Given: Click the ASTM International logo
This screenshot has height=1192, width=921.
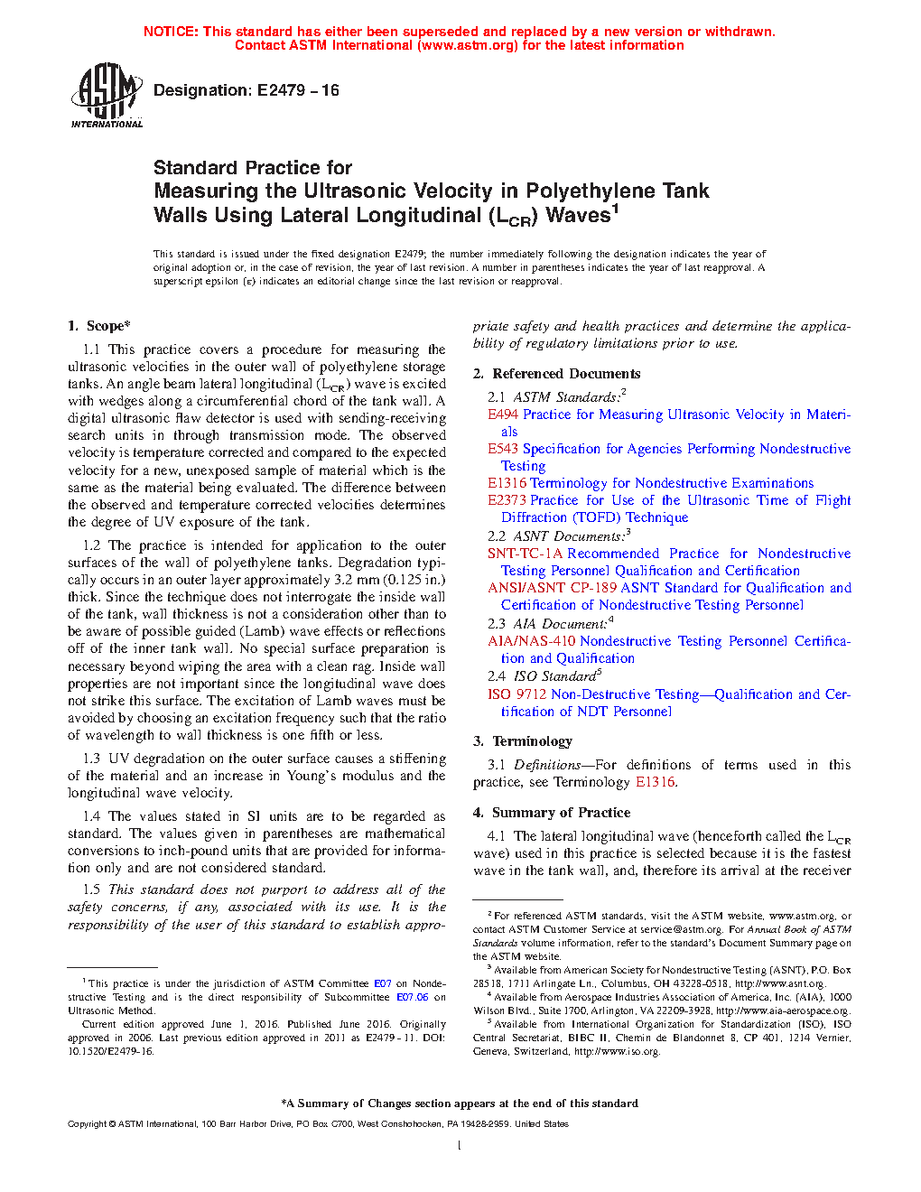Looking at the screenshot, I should click(x=107, y=95).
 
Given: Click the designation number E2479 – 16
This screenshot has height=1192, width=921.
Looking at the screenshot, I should click(x=298, y=90).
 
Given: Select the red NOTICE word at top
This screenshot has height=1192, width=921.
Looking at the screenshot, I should click(x=171, y=32).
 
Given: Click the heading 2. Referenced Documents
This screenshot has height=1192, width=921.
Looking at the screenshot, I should click(x=557, y=374).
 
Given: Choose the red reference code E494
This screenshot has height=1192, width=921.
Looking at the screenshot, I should click(x=503, y=414).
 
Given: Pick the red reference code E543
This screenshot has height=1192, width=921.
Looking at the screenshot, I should click(x=503, y=449).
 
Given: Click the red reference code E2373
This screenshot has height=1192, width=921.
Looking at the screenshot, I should click(x=507, y=500).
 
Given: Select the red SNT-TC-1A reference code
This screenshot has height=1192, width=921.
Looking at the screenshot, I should click(x=525, y=554).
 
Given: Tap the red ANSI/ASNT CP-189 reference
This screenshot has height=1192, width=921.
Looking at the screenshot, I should click(x=552, y=588).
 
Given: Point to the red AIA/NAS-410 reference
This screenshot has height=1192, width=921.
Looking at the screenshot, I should click(x=533, y=641).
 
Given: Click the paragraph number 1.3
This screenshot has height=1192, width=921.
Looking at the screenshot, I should click(x=91, y=759).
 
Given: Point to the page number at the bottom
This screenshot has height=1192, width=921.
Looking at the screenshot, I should click(x=460, y=1146).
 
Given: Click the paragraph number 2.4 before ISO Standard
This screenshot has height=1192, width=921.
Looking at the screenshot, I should click(x=496, y=676).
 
